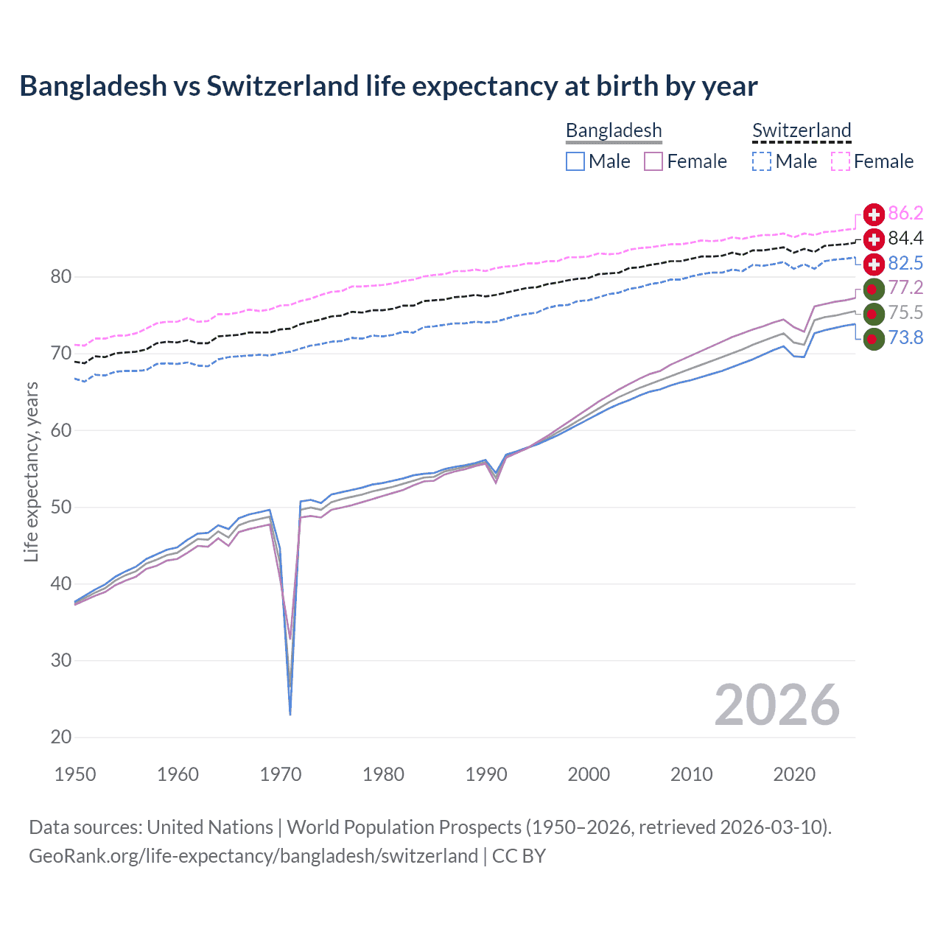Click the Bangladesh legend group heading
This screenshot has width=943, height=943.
(x=614, y=130)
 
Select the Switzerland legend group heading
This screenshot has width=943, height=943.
(x=802, y=130)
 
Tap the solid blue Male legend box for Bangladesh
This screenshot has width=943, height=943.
(x=575, y=161)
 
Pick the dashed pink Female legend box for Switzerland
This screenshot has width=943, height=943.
(x=841, y=161)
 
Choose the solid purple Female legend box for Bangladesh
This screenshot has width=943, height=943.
(x=653, y=161)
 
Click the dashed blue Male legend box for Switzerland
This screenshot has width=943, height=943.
(x=762, y=161)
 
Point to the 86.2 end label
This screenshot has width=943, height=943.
(x=905, y=214)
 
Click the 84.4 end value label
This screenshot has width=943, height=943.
(x=905, y=239)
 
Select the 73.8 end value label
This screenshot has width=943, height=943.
(x=905, y=338)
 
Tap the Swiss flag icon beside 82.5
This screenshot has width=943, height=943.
(x=874, y=264)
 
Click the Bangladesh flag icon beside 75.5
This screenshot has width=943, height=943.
(x=874, y=314)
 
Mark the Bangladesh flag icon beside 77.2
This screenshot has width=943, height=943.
(x=874, y=289)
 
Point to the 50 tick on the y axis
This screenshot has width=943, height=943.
(x=61, y=508)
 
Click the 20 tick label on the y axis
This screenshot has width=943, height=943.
(x=61, y=737)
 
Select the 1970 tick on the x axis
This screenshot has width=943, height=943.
(x=281, y=774)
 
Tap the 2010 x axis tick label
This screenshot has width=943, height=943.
(x=691, y=774)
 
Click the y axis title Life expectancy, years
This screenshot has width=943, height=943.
(x=32, y=471)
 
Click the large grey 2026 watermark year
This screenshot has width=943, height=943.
(x=777, y=706)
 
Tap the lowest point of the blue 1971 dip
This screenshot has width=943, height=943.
(x=290, y=714)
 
